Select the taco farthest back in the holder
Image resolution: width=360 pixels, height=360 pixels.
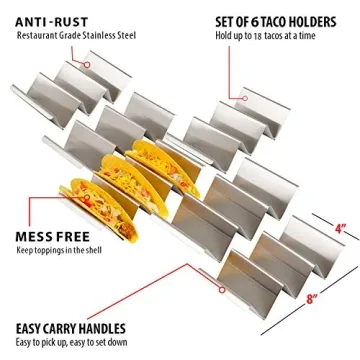tap(150, 165)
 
